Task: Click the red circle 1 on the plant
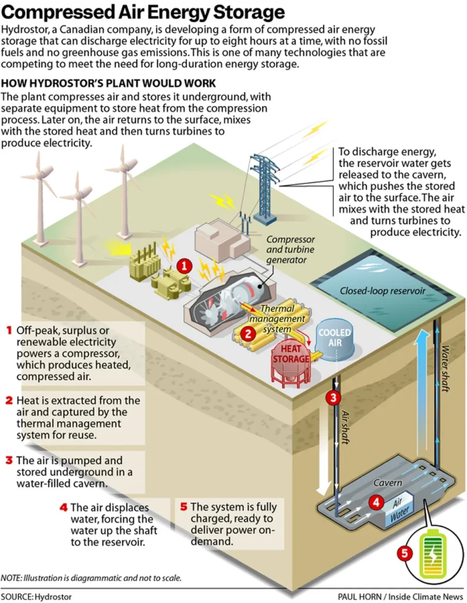click(x=185, y=266)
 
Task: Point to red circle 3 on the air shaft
click(x=333, y=397)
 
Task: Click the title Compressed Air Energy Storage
click(x=144, y=12)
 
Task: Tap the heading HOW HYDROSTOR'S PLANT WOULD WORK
click(x=109, y=83)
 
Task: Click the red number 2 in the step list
click(x=9, y=400)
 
